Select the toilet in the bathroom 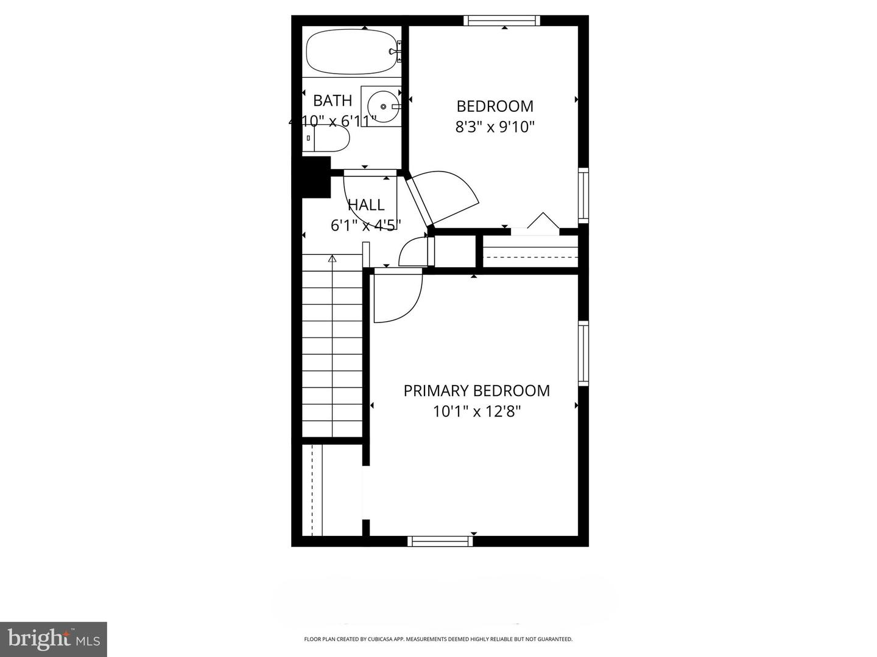[327, 139]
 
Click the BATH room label [333, 100]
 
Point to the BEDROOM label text [495, 106]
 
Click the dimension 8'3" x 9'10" [495, 127]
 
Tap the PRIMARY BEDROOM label [476, 391]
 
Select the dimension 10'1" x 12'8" [476, 412]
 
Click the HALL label [366, 205]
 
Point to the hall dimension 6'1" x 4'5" [365, 226]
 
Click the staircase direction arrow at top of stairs [332, 259]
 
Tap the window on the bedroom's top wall [502, 21]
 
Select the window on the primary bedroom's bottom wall [440, 541]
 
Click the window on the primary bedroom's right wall [583, 353]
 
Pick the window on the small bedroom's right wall [583, 194]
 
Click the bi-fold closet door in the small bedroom [542, 221]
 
